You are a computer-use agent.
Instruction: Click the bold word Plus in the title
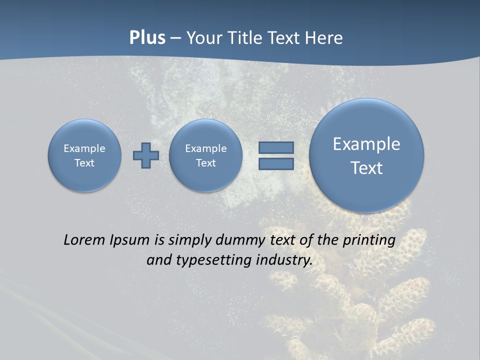click(147, 38)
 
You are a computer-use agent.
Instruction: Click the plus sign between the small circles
click(145, 155)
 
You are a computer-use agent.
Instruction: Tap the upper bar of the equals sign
click(276, 147)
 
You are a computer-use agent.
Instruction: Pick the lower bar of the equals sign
click(276, 163)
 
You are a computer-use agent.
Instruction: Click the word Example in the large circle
click(366, 144)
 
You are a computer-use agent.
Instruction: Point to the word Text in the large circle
click(366, 168)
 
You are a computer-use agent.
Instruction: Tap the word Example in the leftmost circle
click(84, 148)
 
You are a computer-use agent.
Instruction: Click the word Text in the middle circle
click(206, 163)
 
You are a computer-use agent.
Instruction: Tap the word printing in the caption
click(368, 240)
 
